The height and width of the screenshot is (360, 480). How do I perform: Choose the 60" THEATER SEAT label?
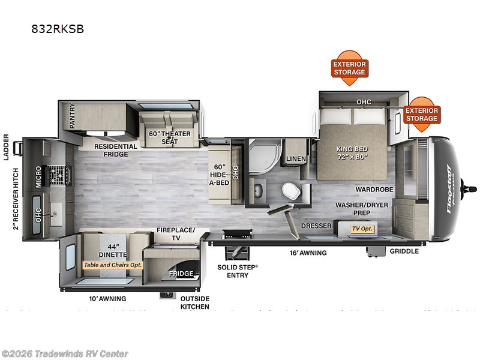[x=169, y=137]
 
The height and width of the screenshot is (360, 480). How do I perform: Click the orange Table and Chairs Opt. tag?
[x=113, y=264]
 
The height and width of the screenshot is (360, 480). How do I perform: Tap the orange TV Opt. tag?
[x=362, y=229]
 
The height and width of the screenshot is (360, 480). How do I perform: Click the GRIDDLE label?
[x=404, y=251]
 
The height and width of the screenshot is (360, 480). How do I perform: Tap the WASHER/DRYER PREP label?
[x=362, y=209]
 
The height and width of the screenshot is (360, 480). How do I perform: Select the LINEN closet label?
[x=296, y=158]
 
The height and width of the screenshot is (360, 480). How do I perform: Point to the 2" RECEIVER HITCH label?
[x=16, y=198]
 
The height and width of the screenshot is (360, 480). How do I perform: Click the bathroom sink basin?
[x=259, y=190]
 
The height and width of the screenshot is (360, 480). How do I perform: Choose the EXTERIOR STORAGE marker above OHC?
[x=349, y=68]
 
